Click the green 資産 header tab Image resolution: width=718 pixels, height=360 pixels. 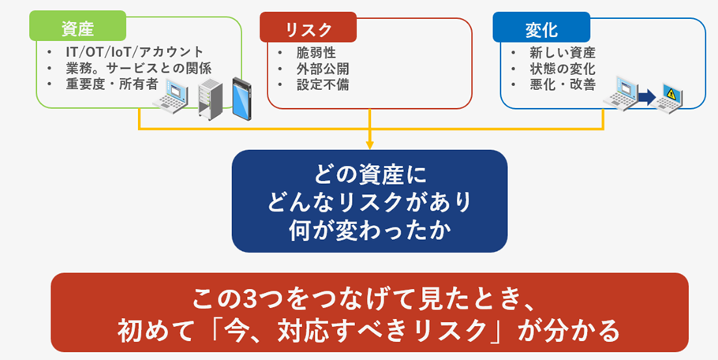(77, 28)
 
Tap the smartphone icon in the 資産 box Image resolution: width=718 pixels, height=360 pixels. (244, 96)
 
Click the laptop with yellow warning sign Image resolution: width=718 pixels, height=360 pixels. (672, 96)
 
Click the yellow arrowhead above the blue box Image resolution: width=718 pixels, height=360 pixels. (369, 144)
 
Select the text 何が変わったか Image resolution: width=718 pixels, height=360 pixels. (369, 230)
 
